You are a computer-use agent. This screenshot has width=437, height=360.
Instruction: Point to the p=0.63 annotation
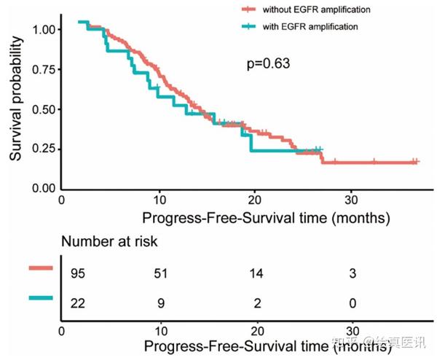tap(269, 63)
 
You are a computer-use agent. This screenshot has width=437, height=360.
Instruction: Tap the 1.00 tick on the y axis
tap(42, 30)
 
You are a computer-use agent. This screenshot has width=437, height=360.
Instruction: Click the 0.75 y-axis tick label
tap(42, 69)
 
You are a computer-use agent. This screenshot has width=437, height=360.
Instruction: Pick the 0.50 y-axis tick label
tap(42, 109)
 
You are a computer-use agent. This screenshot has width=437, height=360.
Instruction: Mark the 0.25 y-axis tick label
tap(42, 149)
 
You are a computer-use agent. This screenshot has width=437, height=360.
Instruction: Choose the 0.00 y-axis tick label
tap(42, 188)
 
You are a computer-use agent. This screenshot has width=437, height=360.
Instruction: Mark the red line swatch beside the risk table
tap(42, 268)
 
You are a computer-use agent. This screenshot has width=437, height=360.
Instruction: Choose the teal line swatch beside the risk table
tap(42, 297)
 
